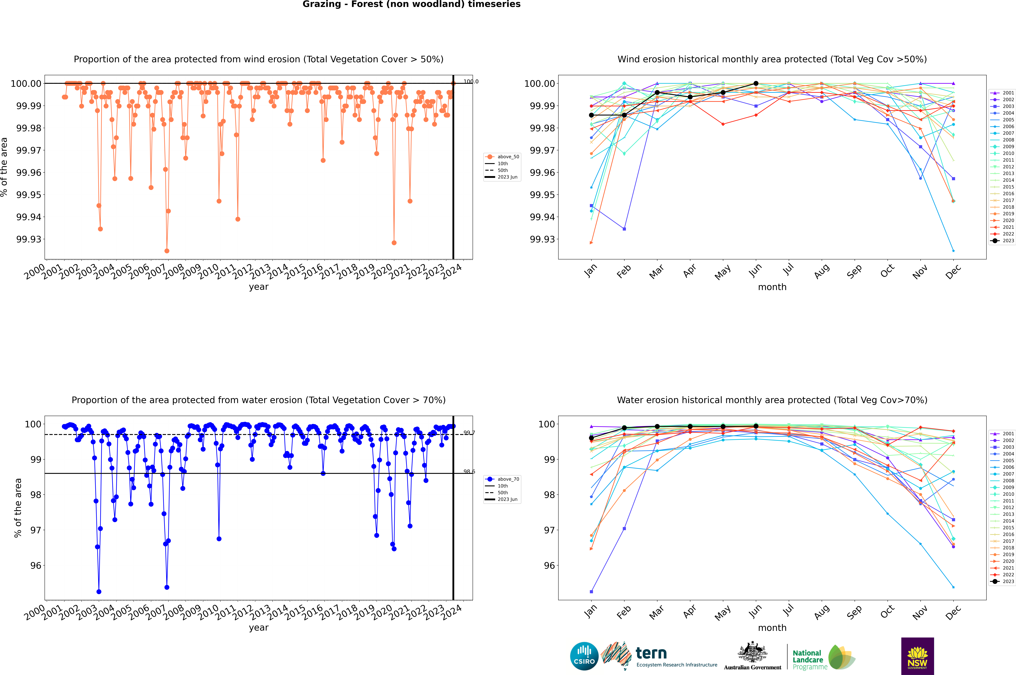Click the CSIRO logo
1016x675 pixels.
(584, 656)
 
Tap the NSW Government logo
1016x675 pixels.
(917, 656)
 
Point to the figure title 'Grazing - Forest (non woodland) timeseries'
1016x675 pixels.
(411, 4)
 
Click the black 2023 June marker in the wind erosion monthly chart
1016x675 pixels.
(756, 84)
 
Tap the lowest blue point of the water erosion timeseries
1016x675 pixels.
(99, 591)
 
